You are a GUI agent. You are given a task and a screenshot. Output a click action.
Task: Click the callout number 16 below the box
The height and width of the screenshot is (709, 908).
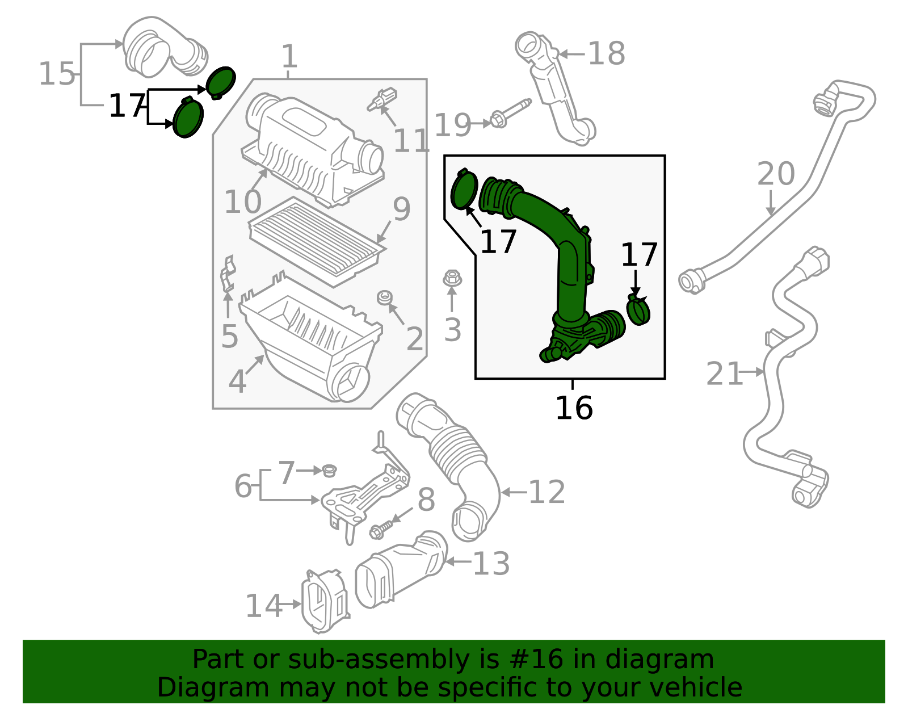573,409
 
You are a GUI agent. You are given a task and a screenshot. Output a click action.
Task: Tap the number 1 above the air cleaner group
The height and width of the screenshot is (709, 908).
289,57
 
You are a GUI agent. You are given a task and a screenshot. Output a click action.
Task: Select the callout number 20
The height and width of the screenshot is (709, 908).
776,174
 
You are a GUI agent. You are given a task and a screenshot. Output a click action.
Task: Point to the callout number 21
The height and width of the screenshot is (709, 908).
724,374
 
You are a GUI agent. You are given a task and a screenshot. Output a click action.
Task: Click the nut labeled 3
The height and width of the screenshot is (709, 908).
452,279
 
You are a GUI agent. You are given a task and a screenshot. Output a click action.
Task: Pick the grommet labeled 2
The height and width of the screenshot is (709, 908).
385,297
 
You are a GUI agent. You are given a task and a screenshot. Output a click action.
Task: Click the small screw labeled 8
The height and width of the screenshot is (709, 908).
381,530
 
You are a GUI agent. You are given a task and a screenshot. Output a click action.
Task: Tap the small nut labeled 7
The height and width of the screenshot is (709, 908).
329,470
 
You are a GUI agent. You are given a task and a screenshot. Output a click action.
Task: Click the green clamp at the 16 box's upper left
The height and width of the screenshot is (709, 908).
464,190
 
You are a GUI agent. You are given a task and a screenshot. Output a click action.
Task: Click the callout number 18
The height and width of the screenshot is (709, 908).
606,54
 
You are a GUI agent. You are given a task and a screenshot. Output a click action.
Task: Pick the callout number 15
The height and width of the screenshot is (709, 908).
57,74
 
